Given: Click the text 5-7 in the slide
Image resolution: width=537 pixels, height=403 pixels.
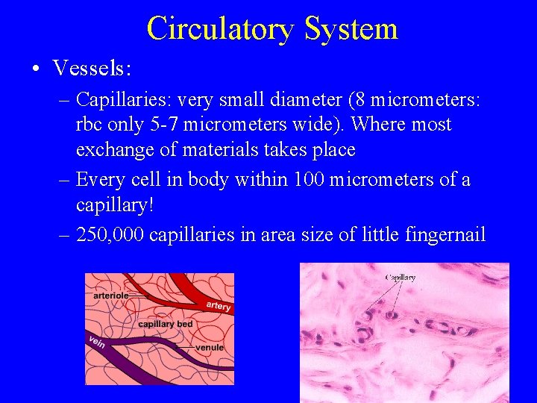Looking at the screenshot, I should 174,125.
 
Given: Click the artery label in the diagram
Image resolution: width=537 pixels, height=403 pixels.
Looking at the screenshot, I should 218,307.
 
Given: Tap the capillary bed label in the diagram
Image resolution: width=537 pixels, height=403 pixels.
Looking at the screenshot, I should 166,324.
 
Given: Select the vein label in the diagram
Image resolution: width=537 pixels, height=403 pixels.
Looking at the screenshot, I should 97,341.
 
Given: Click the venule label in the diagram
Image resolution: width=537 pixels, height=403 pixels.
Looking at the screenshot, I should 209,348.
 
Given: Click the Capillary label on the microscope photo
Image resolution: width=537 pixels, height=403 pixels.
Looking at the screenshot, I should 400,278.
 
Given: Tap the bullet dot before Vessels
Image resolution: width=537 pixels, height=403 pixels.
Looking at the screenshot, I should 36,69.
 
